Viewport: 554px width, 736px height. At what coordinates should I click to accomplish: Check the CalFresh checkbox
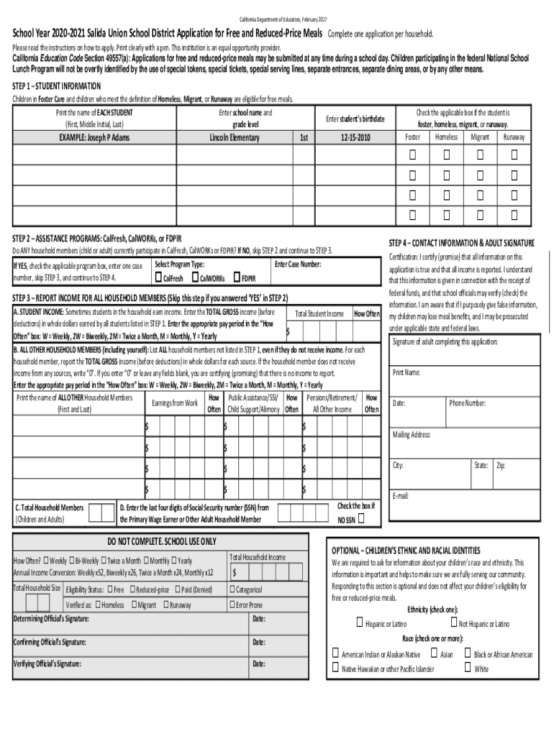pyautogui.click(x=158, y=277)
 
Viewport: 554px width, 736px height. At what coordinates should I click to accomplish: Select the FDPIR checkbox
pyautogui.click(x=236, y=277)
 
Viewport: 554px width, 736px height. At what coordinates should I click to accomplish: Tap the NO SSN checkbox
pyautogui.click(x=361, y=519)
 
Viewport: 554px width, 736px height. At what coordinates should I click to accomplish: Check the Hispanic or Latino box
pyautogui.click(x=359, y=622)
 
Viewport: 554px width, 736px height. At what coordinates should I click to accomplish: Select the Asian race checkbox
pyautogui.click(x=433, y=653)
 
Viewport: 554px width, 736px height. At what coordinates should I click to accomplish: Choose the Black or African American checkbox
pyautogui.click(x=468, y=653)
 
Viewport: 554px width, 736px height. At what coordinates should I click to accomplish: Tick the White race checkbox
pyautogui.click(x=468, y=668)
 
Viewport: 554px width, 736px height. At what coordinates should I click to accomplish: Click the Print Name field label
pyautogui.click(x=407, y=372)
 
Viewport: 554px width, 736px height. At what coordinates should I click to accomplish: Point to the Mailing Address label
pyautogui.click(x=412, y=434)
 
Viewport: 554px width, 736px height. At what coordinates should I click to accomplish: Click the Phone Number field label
pyautogui.click(x=468, y=403)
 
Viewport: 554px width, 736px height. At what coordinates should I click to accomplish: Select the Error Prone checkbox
pyautogui.click(x=232, y=604)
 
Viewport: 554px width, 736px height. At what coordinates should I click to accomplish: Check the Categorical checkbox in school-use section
pyautogui.click(x=232, y=589)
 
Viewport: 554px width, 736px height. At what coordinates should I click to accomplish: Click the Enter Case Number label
pyautogui.click(x=298, y=264)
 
